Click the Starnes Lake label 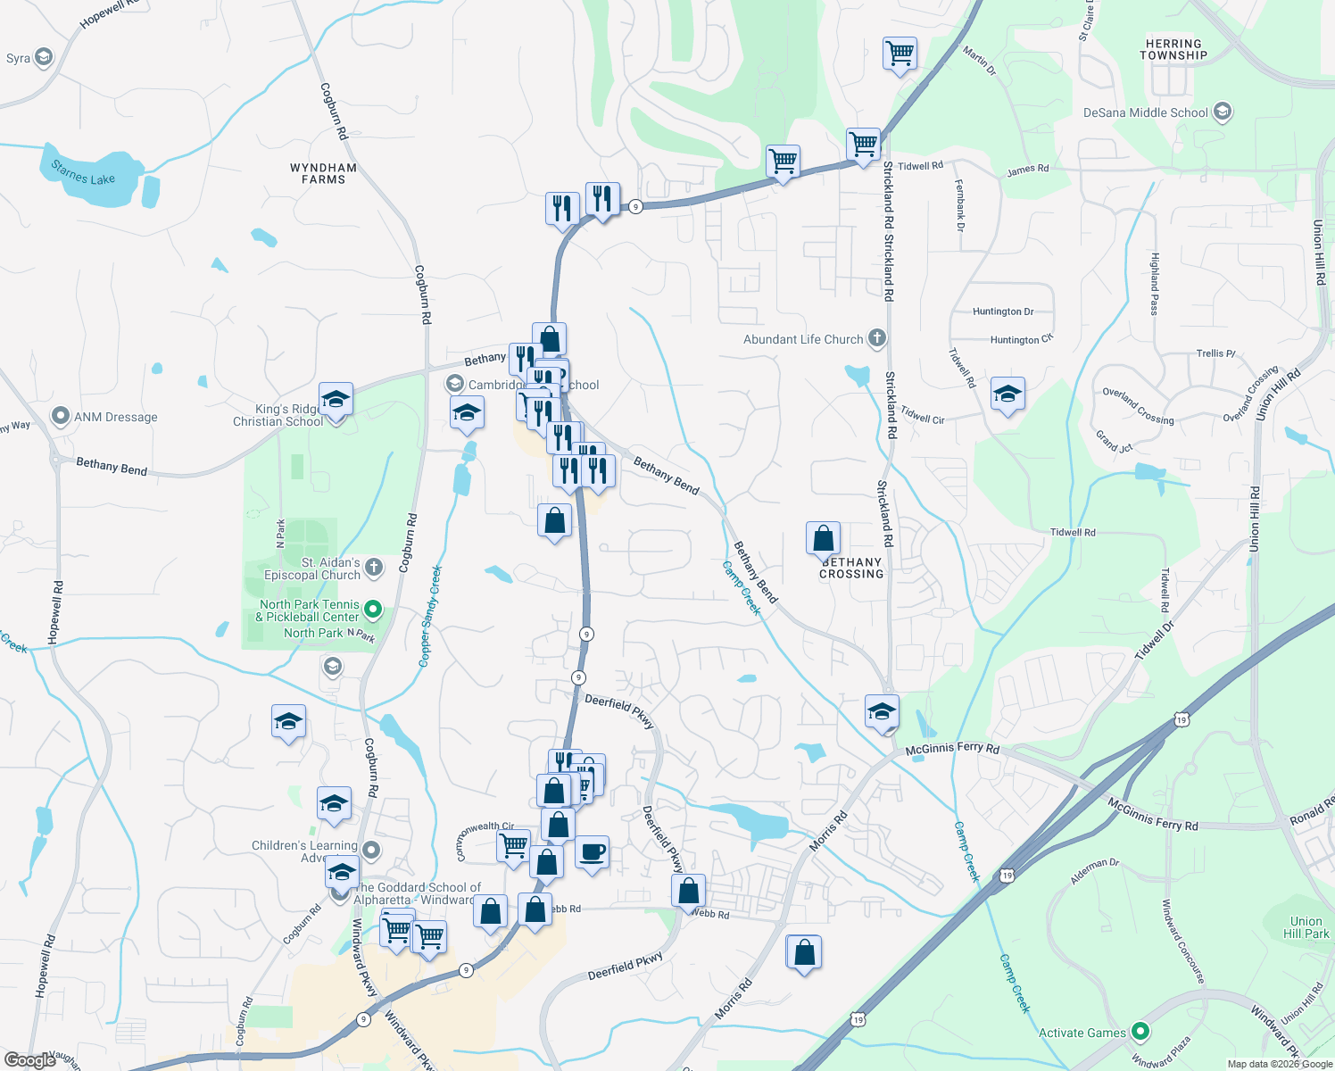pyautogui.click(x=83, y=172)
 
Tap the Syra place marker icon pyautogui.click(x=43, y=58)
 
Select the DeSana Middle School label pyautogui.click(x=1146, y=112)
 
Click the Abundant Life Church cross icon pyautogui.click(x=877, y=338)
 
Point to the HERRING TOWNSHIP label pyautogui.click(x=1173, y=49)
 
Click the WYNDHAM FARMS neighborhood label pyautogui.click(x=323, y=173)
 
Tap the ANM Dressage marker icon pyautogui.click(x=61, y=416)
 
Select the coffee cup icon pyautogui.click(x=592, y=852)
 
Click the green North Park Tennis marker pyautogui.click(x=374, y=610)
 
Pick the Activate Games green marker pyautogui.click(x=1140, y=1032)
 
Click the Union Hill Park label pyautogui.click(x=1306, y=927)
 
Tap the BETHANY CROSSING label pyautogui.click(x=851, y=569)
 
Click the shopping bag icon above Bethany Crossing pyautogui.click(x=823, y=538)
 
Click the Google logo pyautogui.click(x=29, y=1059)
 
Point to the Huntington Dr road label pyautogui.click(x=1003, y=311)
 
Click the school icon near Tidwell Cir pyautogui.click(x=1007, y=394)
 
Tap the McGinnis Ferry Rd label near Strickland pyautogui.click(x=952, y=749)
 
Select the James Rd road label pyautogui.click(x=1028, y=169)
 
